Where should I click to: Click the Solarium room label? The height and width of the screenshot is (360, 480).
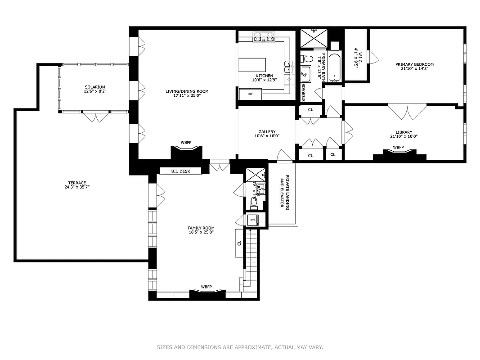[x=94, y=87]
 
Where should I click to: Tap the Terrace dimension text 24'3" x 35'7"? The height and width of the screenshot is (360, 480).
[x=75, y=187]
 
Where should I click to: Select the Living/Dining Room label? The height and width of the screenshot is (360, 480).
[x=187, y=91]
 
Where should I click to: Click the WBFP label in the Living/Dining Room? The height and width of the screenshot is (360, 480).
[x=186, y=143]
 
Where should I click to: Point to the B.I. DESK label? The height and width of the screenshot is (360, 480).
[x=180, y=171]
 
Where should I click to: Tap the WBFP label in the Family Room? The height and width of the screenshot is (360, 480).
[x=206, y=287]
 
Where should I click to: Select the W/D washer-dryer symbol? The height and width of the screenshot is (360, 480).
[x=252, y=220]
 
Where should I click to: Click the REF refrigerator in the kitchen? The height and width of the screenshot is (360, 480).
[x=247, y=94]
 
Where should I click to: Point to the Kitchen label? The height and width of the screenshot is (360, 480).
[x=264, y=76]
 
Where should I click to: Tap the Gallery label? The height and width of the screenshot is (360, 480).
[x=267, y=132]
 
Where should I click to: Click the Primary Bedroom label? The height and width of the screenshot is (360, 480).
[x=414, y=64]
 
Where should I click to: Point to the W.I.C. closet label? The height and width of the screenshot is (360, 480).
[x=356, y=57]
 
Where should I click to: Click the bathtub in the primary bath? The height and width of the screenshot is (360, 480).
[x=334, y=67]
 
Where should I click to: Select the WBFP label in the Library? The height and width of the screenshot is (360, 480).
[x=398, y=147]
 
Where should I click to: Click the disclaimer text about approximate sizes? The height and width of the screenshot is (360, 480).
[x=240, y=347]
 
